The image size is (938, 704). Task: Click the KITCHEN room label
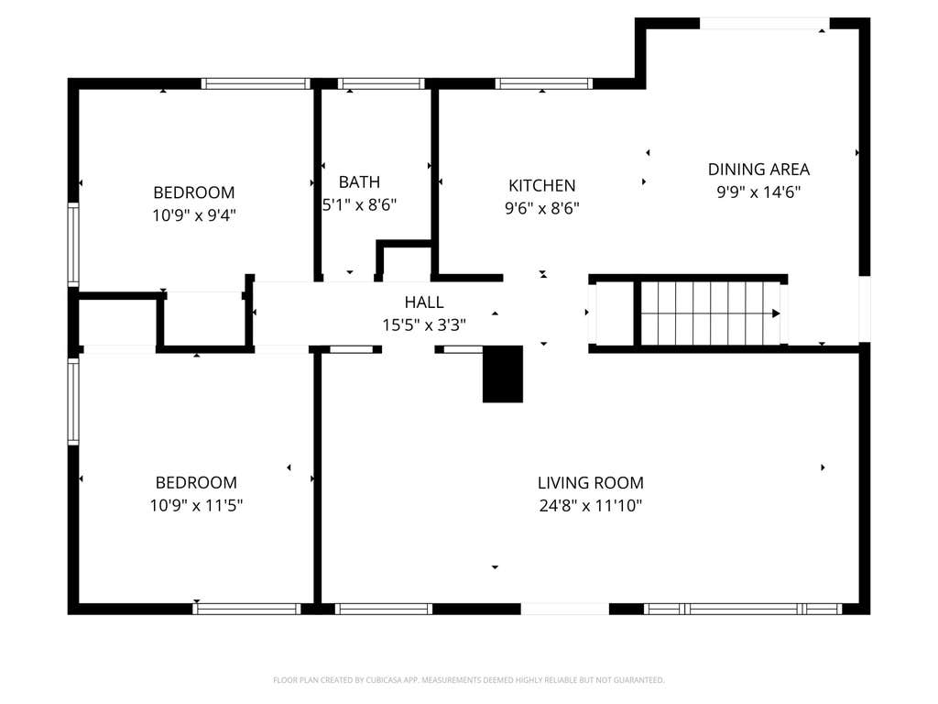(x=542, y=185)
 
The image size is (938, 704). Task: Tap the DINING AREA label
(x=758, y=170)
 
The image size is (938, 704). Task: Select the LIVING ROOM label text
(x=591, y=482)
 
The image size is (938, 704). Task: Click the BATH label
(x=359, y=182)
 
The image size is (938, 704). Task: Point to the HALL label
(x=424, y=302)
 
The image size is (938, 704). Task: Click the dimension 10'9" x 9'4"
(x=194, y=215)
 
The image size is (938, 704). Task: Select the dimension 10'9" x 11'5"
(x=196, y=506)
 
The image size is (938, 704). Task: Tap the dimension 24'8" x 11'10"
(x=591, y=506)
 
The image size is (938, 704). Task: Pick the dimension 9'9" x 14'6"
(x=758, y=192)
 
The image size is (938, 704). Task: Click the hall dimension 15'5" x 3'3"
(x=424, y=325)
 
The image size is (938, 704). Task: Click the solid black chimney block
(x=503, y=374)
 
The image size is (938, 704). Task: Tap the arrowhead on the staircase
(x=776, y=313)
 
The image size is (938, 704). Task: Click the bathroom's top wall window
(x=381, y=83)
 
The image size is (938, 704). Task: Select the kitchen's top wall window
(x=544, y=83)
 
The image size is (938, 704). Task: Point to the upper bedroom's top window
(x=256, y=83)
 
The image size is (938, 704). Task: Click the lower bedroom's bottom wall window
(x=246, y=609)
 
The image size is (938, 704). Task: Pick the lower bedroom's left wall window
(x=73, y=401)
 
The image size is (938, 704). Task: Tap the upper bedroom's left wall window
(x=73, y=244)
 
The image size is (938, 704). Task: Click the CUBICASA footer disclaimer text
(x=468, y=680)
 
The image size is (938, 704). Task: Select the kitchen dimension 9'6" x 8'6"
(x=542, y=208)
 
